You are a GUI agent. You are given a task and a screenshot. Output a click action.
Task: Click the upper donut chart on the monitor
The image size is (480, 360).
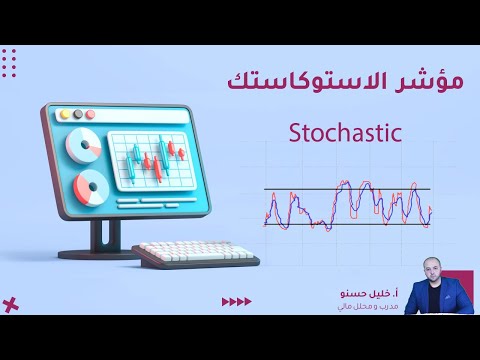[82, 146]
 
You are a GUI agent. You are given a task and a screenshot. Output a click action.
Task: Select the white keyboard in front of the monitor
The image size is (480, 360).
[195, 255]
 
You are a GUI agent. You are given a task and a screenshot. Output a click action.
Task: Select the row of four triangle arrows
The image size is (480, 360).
[236, 301]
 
